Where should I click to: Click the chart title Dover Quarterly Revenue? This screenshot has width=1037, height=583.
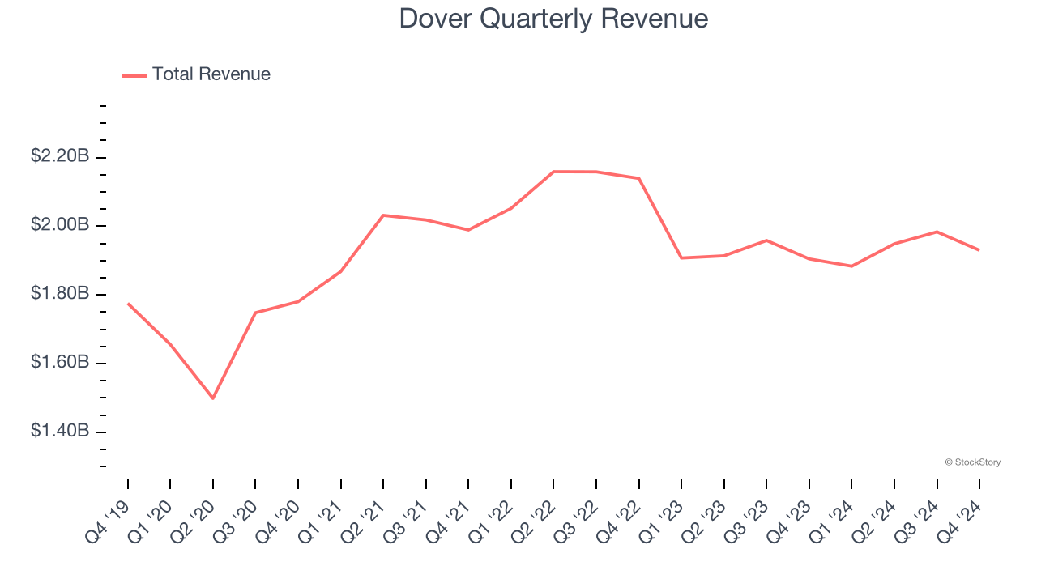[x=553, y=19]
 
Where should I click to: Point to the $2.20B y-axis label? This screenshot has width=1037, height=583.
[x=60, y=156]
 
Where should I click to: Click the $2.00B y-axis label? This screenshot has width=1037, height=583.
[x=60, y=225]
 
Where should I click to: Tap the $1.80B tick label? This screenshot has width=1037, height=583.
[x=60, y=294]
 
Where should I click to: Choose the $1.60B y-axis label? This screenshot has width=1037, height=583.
[x=60, y=363]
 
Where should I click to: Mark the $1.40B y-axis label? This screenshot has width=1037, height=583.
[x=60, y=432]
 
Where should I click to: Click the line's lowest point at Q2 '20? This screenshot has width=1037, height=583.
[x=213, y=398]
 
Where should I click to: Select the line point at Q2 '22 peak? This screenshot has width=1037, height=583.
[x=553, y=172]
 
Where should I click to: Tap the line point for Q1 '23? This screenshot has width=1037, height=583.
[x=681, y=257]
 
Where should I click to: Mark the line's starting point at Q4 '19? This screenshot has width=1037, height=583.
[x=128, y=304]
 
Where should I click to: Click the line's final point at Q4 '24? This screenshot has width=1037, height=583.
[x=979, y=250]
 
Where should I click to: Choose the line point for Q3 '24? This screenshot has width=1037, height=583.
[x=937, y=232]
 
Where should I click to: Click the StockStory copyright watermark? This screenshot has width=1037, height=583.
[x=972, y=462]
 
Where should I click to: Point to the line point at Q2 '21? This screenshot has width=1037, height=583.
[x=383, y=215]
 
